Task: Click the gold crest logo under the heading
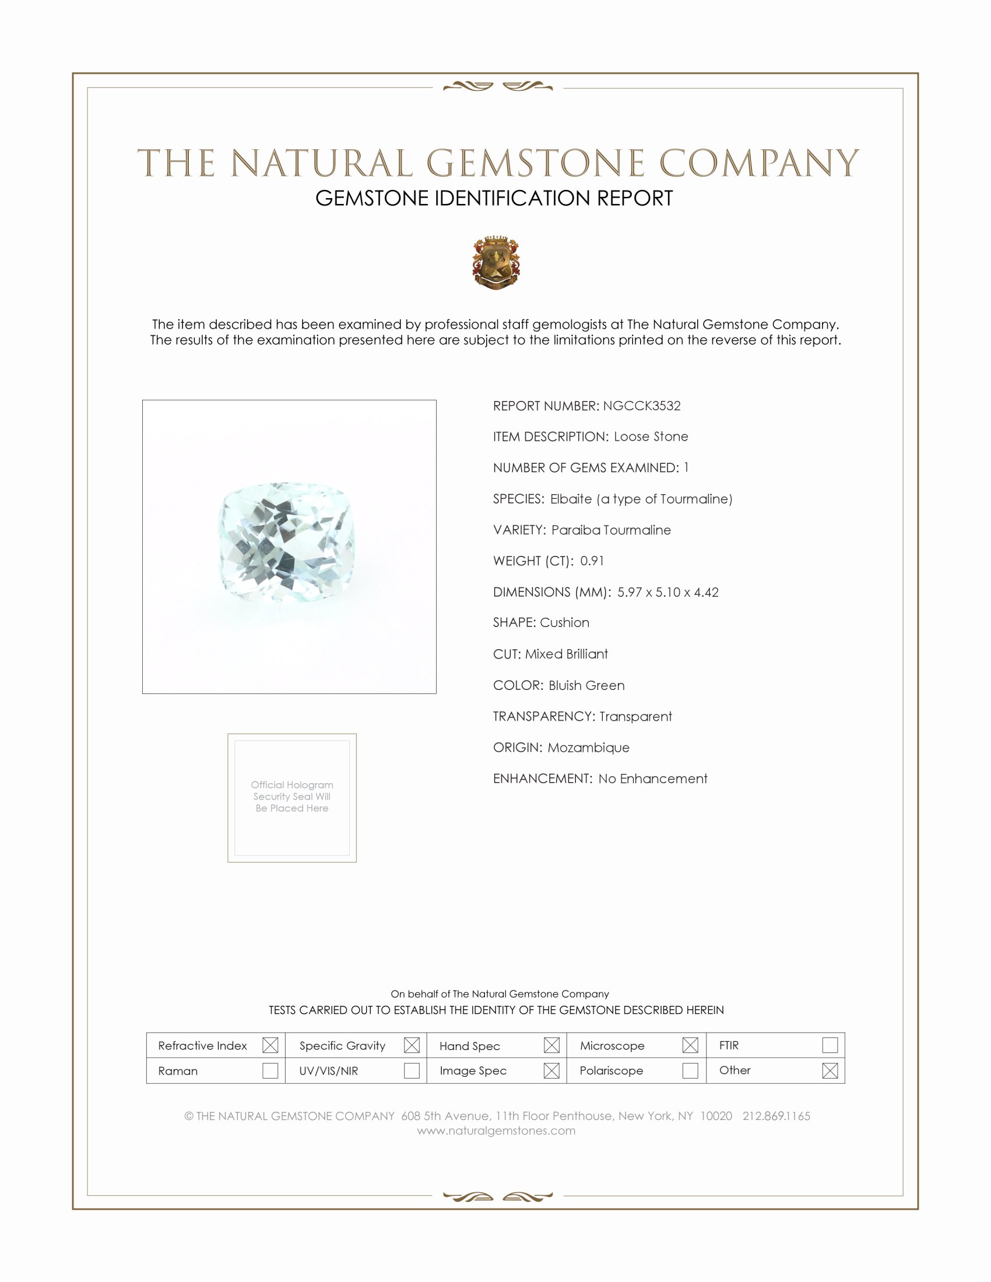click(x=496, y=262)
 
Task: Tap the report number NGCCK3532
click(x=642, y=406)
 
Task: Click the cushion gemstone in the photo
click(x=286, y=542)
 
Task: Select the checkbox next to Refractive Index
click(x=270, y=1045)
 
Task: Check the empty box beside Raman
click(x=270, y=1070)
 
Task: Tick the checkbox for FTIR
click(x=830, y=1045)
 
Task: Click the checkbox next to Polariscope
click(x=690, y=1070)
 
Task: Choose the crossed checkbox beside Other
click(x=830, y=1070)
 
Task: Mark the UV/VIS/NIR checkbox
click(x=412, y=1070)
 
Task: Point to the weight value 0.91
click(x=592, y=561)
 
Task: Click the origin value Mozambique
click(x=588, y=747)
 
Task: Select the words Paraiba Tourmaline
click(x=610, y=530)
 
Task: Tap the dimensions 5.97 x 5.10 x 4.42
click(x=667, y=592)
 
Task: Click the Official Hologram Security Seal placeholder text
click(x=292, y=797)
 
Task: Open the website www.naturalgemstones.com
click(x=496, y=1130)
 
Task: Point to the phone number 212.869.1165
click(x=776, y=1116)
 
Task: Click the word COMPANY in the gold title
click(x=758, y=163)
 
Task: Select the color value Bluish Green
click(x=586, y=685)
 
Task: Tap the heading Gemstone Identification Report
click(x=494, y=198)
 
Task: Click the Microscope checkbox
click(x=690, y=1045)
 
